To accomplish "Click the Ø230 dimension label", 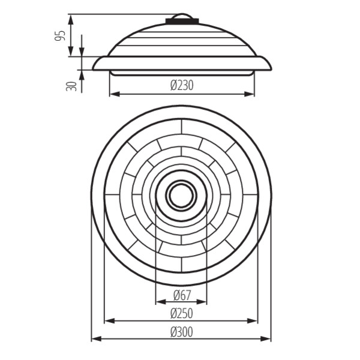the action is [x=182, y=85].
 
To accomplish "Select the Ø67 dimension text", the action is [x=182, y=295].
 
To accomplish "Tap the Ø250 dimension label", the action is [x=182, y=313].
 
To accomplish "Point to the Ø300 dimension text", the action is [x=182, y=332].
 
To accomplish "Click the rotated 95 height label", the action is [x=60, y=35].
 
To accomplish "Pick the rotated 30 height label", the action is [x=71, y=86].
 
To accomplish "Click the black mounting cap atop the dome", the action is [x=182, y=21].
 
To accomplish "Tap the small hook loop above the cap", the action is [x=182, y=16].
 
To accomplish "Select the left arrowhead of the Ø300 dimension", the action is [x=97, y=338].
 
